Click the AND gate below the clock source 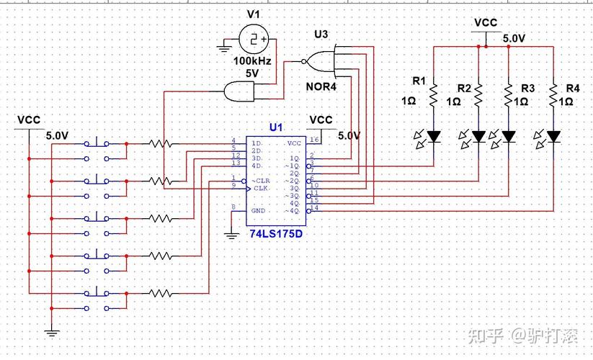(241, 91)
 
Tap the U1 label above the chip (276, 127)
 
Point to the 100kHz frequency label (251, 61)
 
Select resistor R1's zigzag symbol (434, 94)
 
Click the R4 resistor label (573, 88)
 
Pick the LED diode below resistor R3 (509, 135)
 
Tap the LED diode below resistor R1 (434, 135)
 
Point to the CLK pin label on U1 (261, 188)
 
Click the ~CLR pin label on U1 (260, 180)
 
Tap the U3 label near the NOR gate (321, 35)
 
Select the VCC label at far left (29, 120)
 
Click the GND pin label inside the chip (259, 210)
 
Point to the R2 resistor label (465, 88)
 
